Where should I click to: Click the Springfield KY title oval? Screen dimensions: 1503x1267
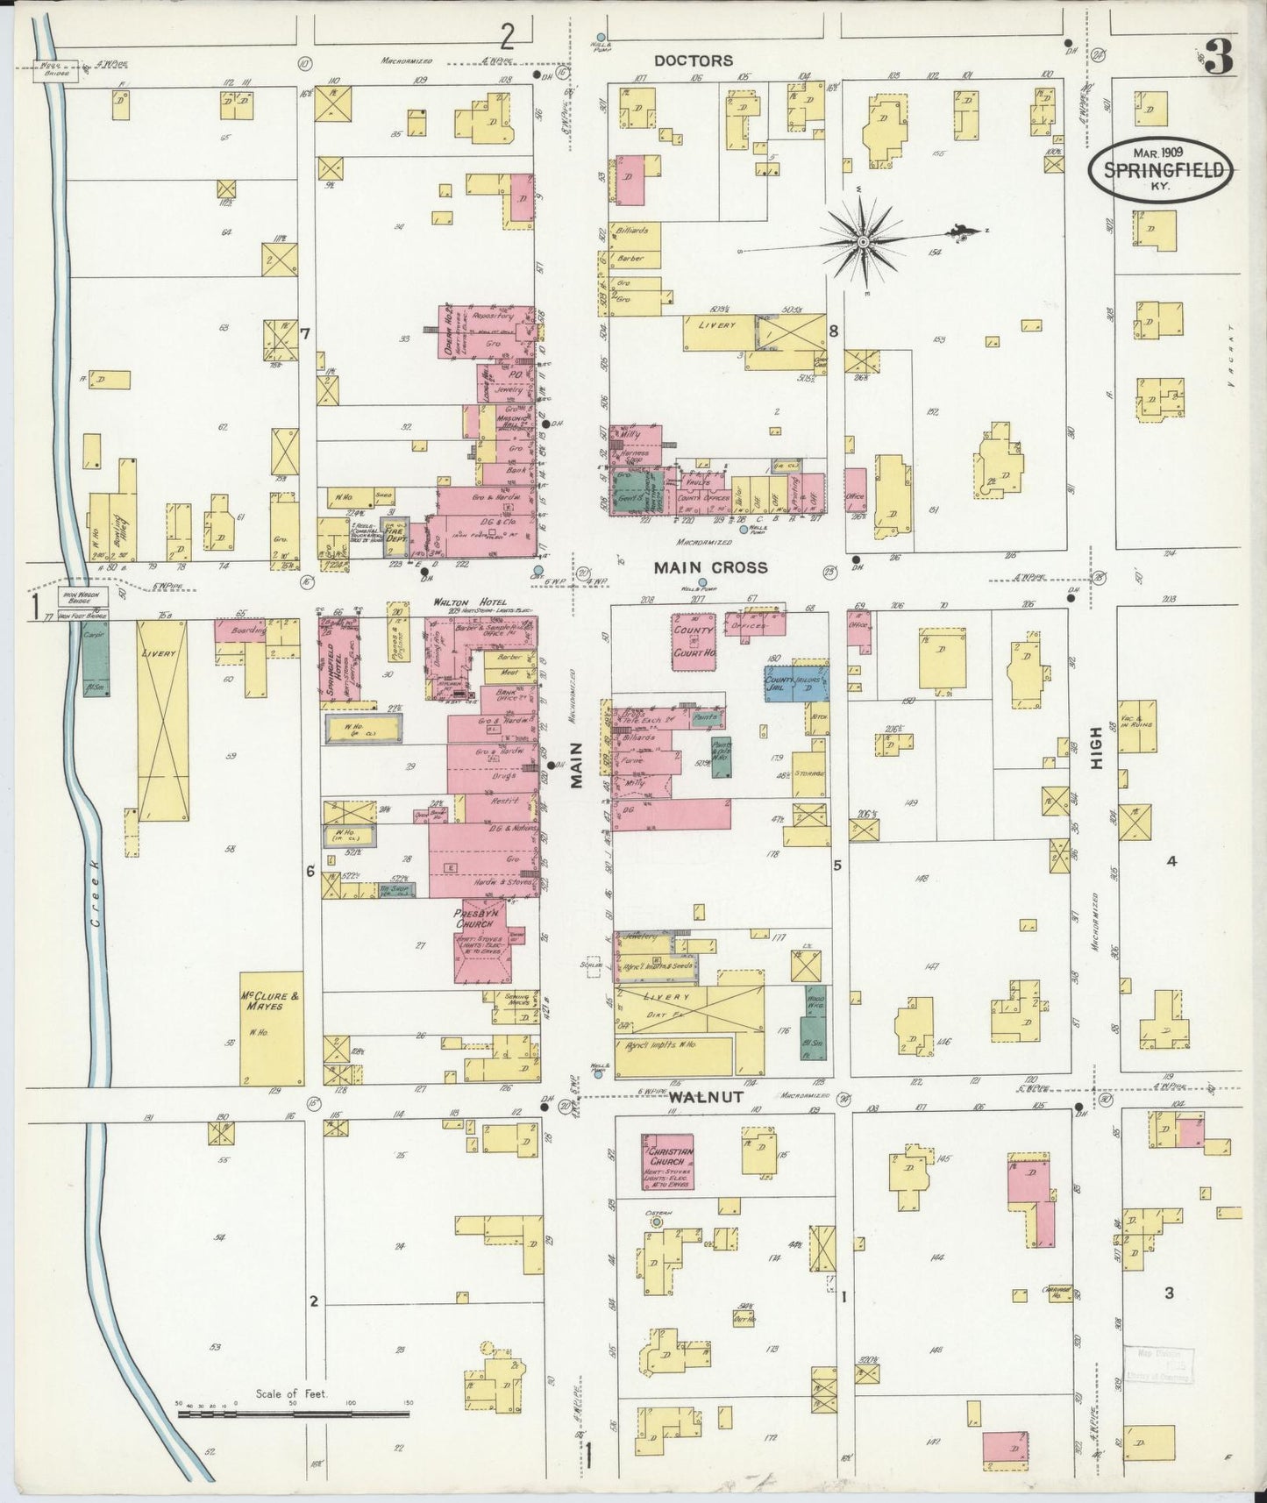tap(1163, 171)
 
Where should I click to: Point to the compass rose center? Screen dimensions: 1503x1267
tap(864, 240)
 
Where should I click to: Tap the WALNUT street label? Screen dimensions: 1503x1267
tap(707, 1096)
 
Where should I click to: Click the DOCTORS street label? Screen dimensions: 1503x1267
tap(693, 61)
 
